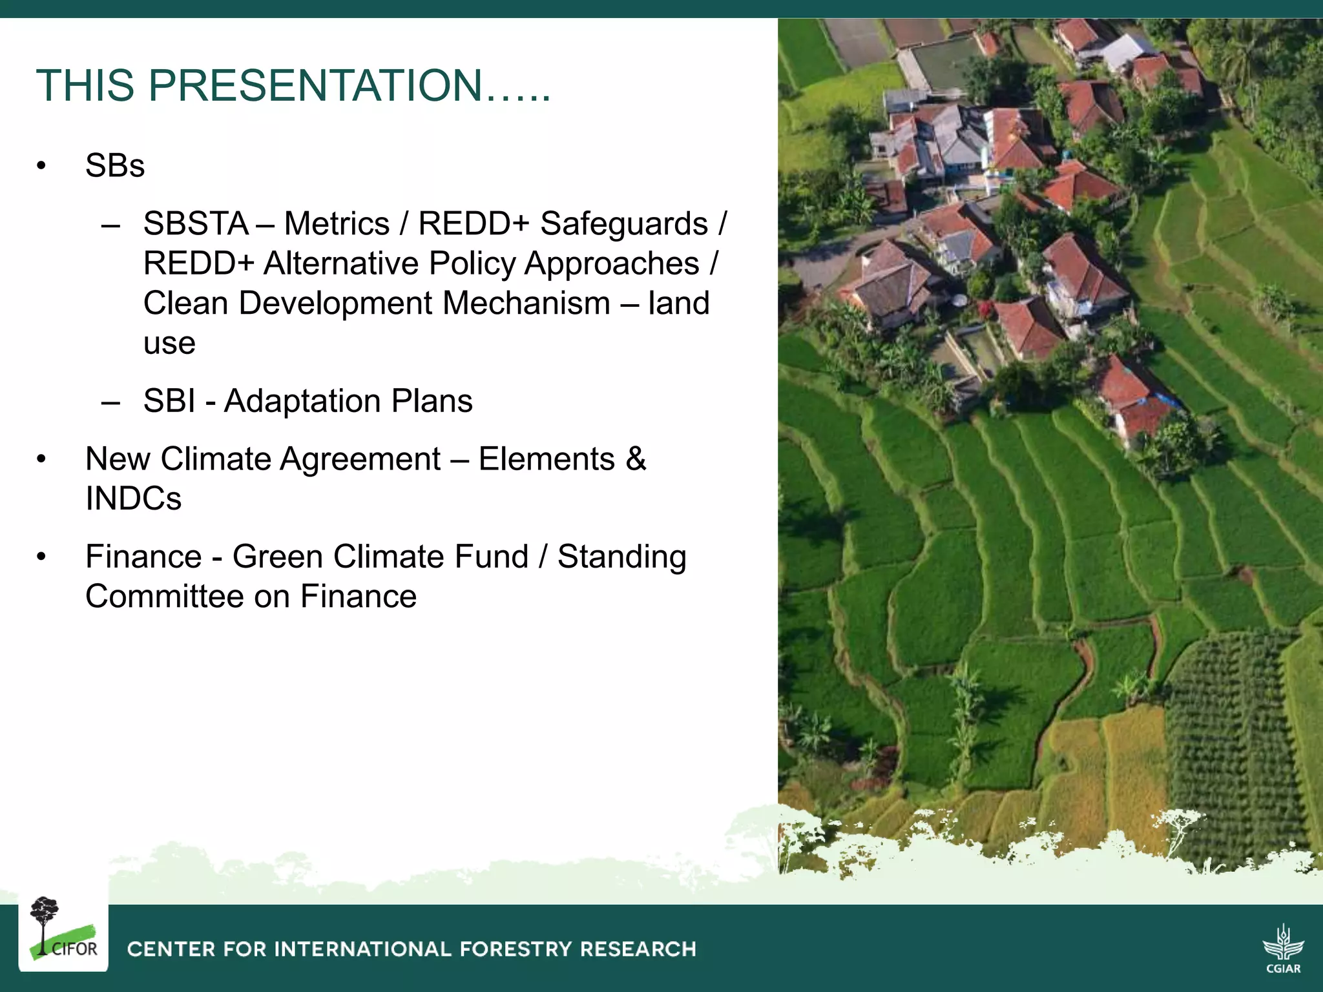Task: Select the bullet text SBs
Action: tap(115, 166)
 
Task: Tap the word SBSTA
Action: tap(196, 224)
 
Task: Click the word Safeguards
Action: tap(623, 224)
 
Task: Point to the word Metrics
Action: tap(337, 224)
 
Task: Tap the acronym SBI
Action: tap(169, 401)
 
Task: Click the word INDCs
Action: tap(134, 499)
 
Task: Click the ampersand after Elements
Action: tap(636, 459)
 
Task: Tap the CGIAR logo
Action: tap(1283, 947)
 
